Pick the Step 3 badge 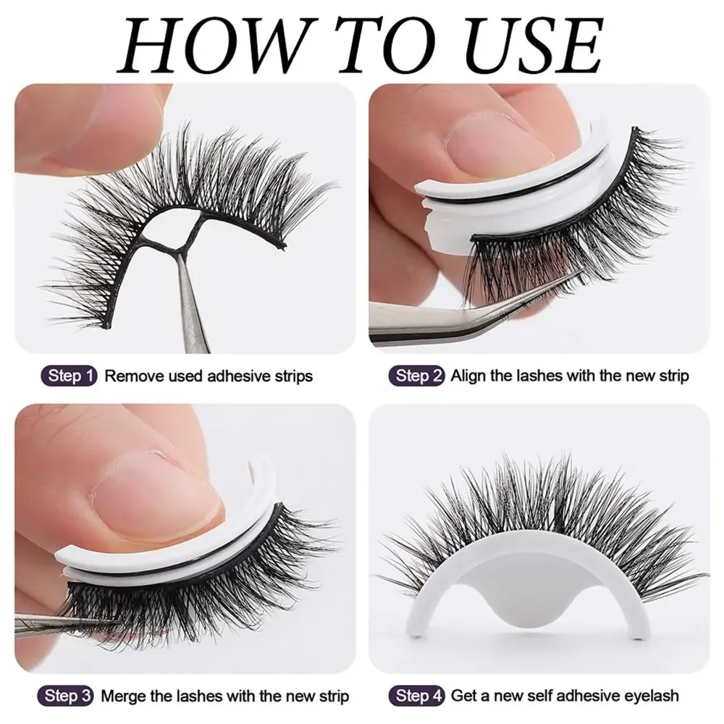point(70,696)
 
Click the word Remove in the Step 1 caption point(130,376)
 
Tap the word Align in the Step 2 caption point(468,376)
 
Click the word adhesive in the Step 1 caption point(235,376)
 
